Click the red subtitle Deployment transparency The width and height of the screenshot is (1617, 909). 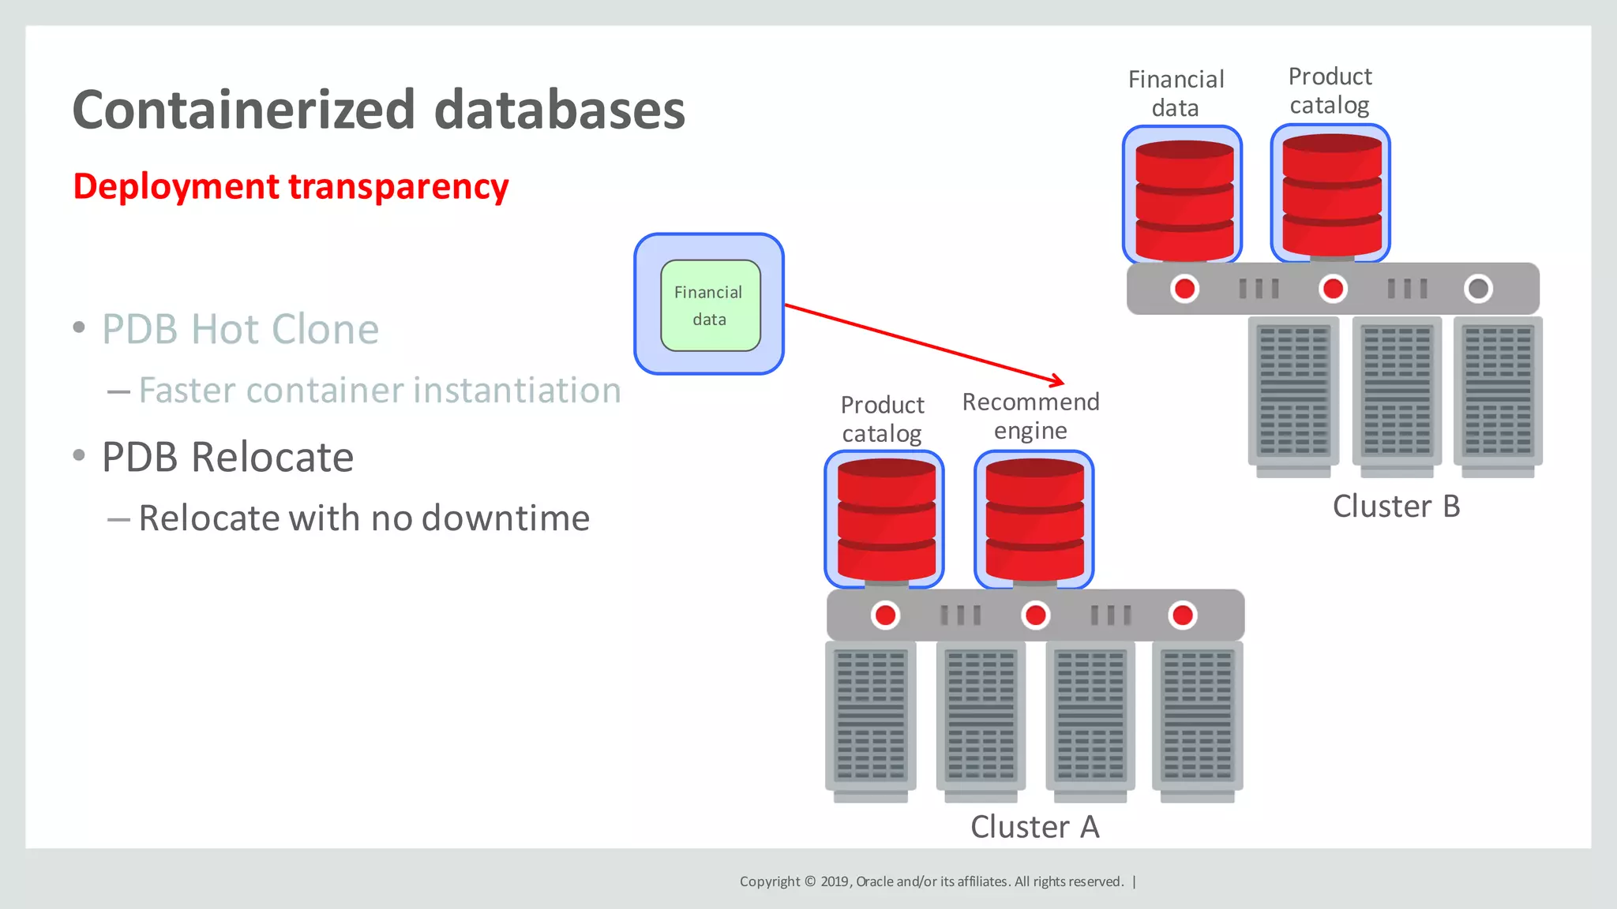(291, 187)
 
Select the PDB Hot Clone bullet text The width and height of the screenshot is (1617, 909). (240, 329)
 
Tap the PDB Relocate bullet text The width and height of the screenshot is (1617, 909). (227, 457)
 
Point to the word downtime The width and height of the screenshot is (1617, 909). (505, 518)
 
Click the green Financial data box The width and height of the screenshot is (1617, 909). (710, 305)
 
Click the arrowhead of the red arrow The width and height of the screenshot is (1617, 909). (1058, 381)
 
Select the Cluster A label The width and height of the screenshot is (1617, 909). (1034, 827)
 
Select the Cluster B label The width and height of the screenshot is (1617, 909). (1396, 507)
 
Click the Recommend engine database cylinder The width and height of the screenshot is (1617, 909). (1034, 521)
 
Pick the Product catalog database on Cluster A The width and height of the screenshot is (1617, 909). (886, 521)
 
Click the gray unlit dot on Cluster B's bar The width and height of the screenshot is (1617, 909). (1478, 289)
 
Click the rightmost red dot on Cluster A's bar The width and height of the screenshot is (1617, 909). (1182, 615)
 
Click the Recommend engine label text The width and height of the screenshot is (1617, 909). (1030, 416)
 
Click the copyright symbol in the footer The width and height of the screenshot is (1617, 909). (809, 881)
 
